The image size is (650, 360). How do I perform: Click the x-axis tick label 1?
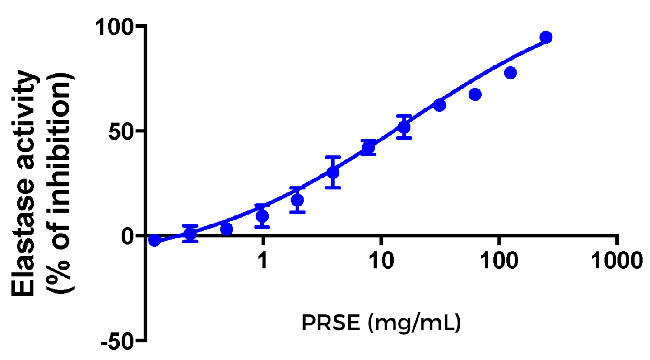tap(263, 261)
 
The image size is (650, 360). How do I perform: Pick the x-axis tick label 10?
tap(381, 261)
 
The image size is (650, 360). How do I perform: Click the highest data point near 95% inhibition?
tap(546, 37)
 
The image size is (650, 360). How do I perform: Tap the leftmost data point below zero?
tap(154, 240)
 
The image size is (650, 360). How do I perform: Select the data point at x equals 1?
tap(262, 216)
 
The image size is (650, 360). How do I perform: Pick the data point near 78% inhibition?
tap(511, 73)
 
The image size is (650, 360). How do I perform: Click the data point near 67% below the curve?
tap(475, 94)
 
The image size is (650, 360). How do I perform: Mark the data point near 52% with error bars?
tap(404, 127)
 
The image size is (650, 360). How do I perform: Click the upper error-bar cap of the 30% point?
tap(333, 157)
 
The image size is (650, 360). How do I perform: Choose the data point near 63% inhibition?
tap(439, 105)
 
